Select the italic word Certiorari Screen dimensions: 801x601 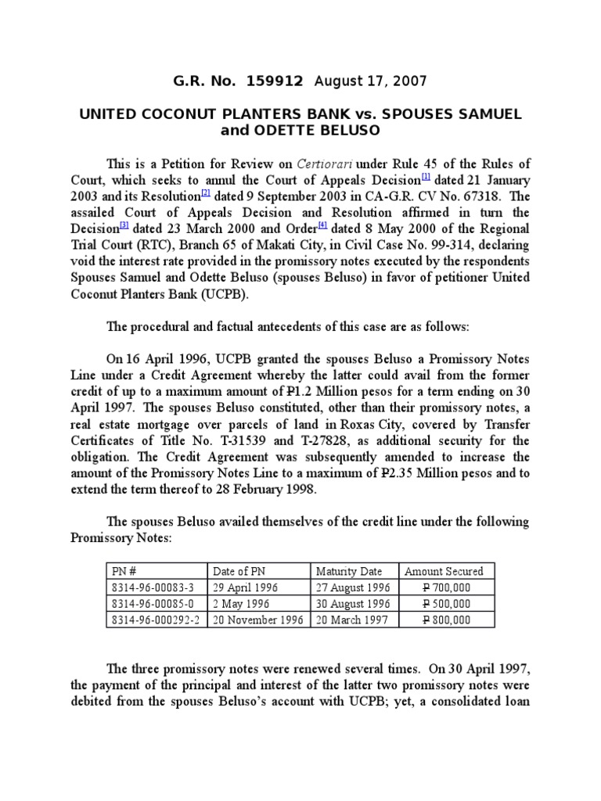pyautogui.click(x=323, y=163)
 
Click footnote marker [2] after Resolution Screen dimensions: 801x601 pyautogui.click(x=206, y=195)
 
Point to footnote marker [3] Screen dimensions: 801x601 pyautogui.click(x=124, y=228)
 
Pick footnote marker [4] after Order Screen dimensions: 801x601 pyautogui.click(x=322, y=228)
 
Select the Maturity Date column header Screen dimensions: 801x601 pyautogui.click(x=348, y=571)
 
